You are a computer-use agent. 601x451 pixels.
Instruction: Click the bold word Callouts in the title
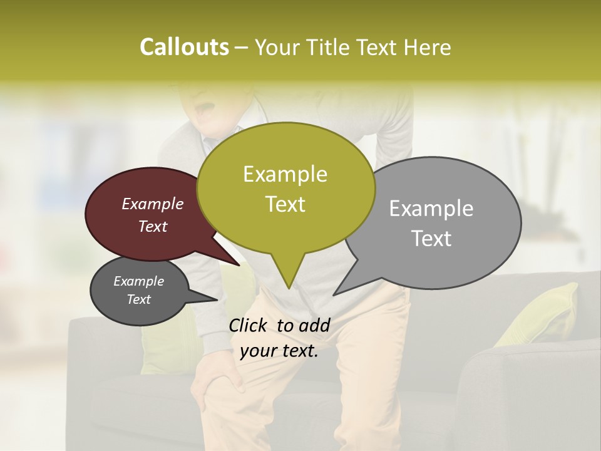184,48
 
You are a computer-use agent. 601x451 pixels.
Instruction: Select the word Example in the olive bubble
285,174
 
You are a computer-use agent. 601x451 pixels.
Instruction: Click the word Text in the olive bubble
285,204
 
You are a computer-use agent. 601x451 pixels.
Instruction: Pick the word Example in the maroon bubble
153,204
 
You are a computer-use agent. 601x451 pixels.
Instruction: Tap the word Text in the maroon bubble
153,226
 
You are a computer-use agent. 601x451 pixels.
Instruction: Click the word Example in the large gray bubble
431,209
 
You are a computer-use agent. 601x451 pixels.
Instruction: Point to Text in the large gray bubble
431,239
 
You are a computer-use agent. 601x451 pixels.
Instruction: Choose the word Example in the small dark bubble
138,281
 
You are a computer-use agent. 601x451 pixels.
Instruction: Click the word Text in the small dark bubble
138,299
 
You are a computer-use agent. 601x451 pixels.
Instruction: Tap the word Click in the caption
249,325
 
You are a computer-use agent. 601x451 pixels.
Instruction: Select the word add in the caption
314,325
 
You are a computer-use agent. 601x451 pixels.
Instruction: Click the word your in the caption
257,351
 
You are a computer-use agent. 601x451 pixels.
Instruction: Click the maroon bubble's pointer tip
239,265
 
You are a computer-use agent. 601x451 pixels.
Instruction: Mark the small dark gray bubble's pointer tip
217,299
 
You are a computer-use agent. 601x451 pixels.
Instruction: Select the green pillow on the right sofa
543,313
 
